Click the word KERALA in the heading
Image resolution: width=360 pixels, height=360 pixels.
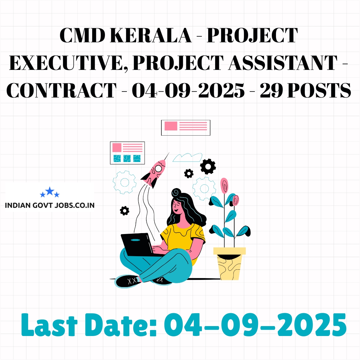[151, 35]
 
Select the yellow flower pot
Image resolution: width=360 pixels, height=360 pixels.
[229, 263]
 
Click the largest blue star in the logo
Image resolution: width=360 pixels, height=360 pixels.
[50, 191]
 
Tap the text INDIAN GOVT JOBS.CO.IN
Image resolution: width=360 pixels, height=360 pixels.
[50, 205]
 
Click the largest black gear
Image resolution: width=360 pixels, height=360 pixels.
[208, 166]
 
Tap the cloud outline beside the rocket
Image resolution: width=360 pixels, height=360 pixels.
[187, 157]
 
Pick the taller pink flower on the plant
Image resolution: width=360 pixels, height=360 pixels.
[224, 185]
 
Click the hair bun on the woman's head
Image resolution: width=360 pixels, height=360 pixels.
[176, 192]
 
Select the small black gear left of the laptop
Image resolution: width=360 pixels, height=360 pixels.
[124, 211]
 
